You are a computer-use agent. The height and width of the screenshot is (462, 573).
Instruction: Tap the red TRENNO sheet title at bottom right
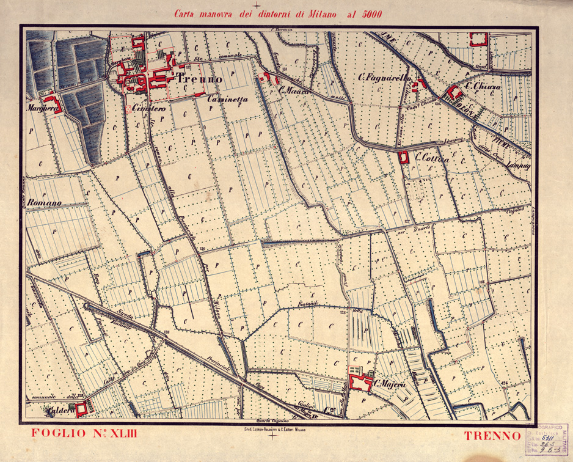492,436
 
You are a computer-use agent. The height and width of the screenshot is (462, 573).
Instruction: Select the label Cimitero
149,108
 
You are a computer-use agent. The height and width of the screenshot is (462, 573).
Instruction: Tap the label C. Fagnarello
385,79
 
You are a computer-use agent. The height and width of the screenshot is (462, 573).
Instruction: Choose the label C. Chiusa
483,87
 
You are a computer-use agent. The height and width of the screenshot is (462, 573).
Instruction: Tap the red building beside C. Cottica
403,157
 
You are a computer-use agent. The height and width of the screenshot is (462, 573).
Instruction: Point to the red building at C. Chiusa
454,94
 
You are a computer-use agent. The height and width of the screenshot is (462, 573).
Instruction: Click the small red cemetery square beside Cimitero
129,109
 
